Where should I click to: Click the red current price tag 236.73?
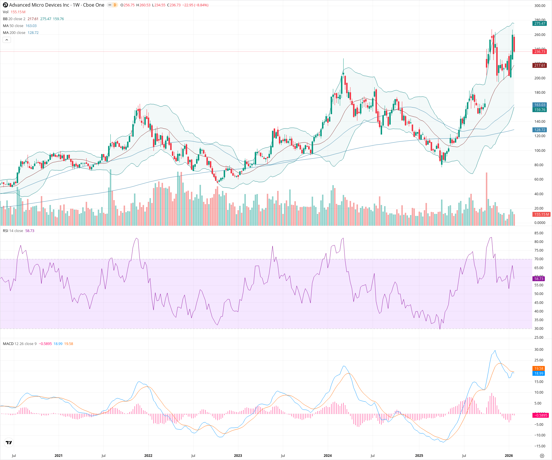click(539, 52)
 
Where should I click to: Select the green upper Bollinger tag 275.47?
click(539, 24)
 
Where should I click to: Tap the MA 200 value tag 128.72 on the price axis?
click(539, 130)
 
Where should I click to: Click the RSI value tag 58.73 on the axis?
click(538, 279)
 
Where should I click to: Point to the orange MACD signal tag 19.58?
click(538, 368)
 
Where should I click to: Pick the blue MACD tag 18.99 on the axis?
click(538, 373)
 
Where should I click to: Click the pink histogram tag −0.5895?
click(540, 415)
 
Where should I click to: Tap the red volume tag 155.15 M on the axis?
click(541, 214)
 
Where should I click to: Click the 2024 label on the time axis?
click(327, 455)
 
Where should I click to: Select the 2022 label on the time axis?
click(148, 455)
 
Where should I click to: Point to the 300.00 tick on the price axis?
click(539, 6)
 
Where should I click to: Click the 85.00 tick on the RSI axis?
click(538, 233)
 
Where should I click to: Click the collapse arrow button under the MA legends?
click(7, 40)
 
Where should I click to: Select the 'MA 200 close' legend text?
click(14, 33)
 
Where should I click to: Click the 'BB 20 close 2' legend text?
click(14, 19)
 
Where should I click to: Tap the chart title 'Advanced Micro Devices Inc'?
click(39, 5)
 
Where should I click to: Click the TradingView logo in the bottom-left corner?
click(9, 442)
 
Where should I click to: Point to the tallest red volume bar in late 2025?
click(486, 198)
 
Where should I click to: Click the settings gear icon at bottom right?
click(542, 456)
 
